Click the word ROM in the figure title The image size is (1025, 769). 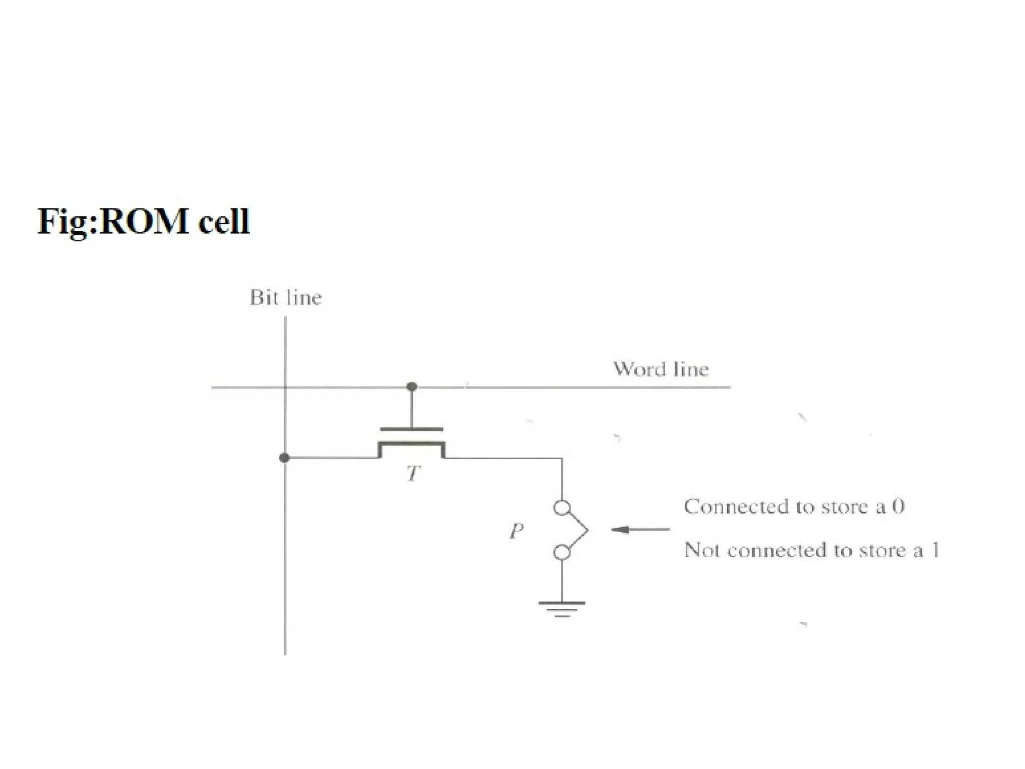[144, 221]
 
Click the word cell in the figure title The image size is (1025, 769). [224, 221]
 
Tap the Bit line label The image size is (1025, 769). [285, 298]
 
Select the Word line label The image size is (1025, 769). [661, 369]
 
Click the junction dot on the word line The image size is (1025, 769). [412, 387]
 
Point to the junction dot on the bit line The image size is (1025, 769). [284, 458]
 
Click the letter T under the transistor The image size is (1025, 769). [413, 473]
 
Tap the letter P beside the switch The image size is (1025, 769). [517, 530]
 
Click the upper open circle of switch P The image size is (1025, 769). [562, 508]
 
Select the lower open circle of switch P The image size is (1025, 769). [562, 553]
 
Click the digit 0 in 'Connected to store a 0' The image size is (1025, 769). [898, 507]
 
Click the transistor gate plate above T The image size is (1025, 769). [411, 429]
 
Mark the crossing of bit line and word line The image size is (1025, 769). [285, 387]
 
